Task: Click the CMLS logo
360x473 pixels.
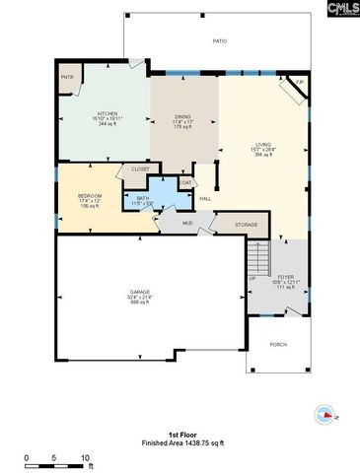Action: pyautogui.click(x=339, y=9)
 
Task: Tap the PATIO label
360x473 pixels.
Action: pyautogui.click(x=220, y=41)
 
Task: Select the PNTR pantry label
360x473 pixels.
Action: pyautogui.click(x=67, y=77)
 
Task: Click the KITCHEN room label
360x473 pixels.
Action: pyautogui.click(x=107, y=113)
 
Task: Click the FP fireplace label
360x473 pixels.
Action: pyautogui.click(x=299, y=83)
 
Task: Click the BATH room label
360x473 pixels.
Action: pyautogui.click(x=143, y=198)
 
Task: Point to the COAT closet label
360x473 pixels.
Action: pyautogui.click(x=184, y=182)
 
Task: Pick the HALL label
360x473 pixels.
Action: pyautogui.click(x=205, y=199)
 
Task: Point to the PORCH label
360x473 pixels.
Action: pyautogui.click(x=279, y=344)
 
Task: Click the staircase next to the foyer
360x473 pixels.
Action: pyautogui.click(x=257, y=259)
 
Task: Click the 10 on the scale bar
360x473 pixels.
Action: pyautogui.click(x=86, y=458)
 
